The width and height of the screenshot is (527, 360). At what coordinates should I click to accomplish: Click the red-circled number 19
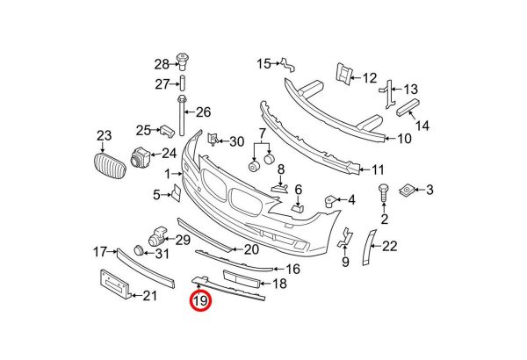[x=200, y=300]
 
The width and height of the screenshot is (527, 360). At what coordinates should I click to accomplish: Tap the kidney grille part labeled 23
[x=109, y=166]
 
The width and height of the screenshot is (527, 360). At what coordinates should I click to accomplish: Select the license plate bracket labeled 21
[x=114, y=284]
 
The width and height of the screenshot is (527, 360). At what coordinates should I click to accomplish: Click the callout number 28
[x=162, y=64]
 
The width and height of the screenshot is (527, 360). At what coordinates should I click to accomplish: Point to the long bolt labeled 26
[x=182, y=115]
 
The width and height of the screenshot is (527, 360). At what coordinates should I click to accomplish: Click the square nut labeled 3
[x=407, y=191]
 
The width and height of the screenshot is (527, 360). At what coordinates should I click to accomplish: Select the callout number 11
[x=378, y=169]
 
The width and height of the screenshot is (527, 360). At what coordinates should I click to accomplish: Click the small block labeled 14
[x=409, y=107]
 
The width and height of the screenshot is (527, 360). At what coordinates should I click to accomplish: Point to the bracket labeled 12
[x=343, y=73]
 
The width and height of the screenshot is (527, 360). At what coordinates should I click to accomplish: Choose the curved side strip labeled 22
[x=369, y=248]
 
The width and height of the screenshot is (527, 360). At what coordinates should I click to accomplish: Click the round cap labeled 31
[x=139, y=250]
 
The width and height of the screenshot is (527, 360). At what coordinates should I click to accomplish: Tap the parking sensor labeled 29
[x=157, y=235]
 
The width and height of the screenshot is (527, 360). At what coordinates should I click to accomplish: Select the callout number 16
[x=292, y=269]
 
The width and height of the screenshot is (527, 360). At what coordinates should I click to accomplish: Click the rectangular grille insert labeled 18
[x=242, y=278]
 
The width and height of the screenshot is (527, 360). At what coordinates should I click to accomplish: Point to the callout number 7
[x=262, y=133]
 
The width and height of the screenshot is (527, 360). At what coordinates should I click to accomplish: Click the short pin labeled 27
[x=183, y=83]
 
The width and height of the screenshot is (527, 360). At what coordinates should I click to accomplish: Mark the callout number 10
[x=404, y=139]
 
